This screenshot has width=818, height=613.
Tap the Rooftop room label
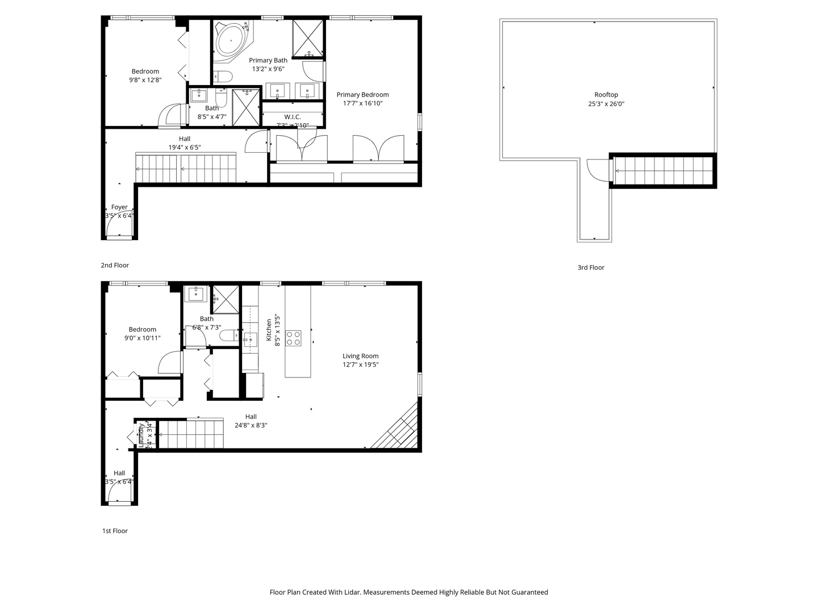[x=606, y=95]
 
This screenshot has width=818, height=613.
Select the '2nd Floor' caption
[x=115, y=265]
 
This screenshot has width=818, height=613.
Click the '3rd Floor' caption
[x=591, y=267]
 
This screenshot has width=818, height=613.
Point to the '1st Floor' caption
[x=115, y=531]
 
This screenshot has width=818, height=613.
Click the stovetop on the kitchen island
[x=293, y=338]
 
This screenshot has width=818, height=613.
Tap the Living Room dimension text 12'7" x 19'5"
[x=360, y=365]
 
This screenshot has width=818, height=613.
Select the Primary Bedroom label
[x=362, y=95]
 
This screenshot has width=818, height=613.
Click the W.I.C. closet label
[x=293, y=117]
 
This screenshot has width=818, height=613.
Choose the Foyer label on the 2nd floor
[x=119, y=207]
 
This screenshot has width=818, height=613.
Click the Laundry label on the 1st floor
[x=141, y=435]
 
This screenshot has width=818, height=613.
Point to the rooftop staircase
[x=663, y=171]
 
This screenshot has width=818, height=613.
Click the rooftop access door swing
[x=596, y=170]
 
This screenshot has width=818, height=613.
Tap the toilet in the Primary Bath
[x=223, y=76]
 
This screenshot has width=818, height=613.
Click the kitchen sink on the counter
[x=250, y=340]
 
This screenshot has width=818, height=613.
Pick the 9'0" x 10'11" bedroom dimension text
[x=143, y=338]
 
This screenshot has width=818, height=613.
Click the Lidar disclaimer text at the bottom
[x=408, y=592]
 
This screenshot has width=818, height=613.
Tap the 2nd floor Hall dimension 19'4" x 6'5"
[x=185, y=148]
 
